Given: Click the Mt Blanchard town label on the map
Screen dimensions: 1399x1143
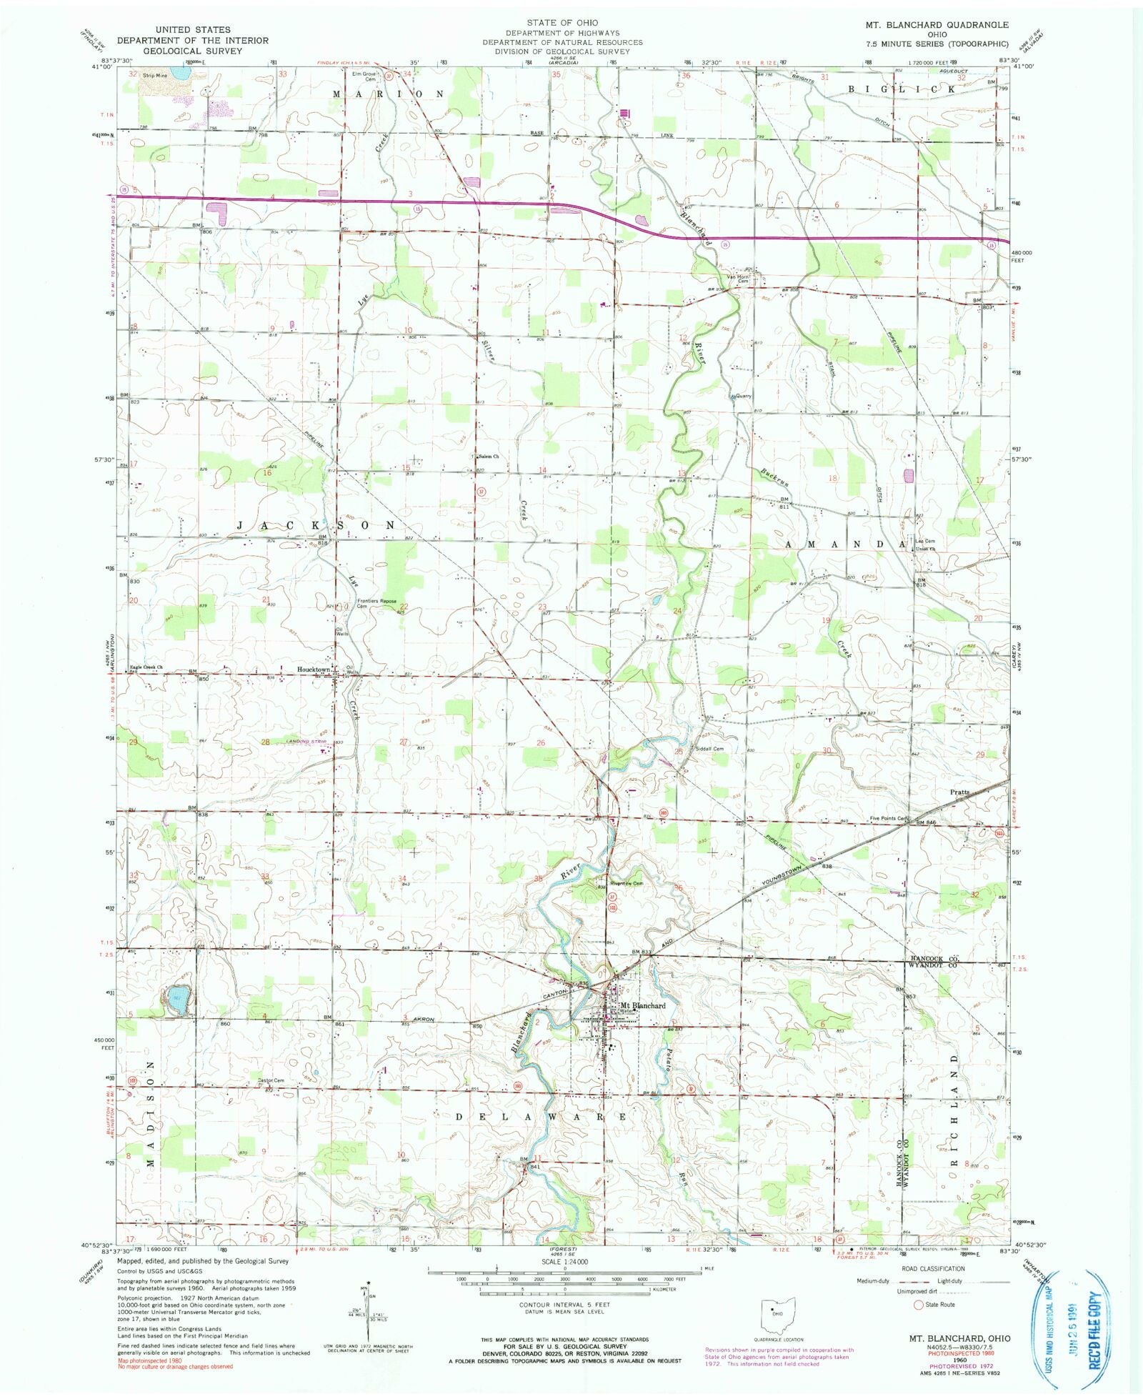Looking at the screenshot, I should click(x=643, y=1005).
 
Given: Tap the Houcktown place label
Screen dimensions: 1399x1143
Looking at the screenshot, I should click(x=314, y=669).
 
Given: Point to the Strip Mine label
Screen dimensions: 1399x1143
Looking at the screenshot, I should click(x=154, y=75).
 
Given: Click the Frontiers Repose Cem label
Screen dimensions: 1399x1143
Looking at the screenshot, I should click(x=376, y=603).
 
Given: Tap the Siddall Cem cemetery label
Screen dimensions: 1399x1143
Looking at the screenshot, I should click(x=709, y=749).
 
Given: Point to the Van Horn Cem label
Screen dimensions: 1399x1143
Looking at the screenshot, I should click(x=738, y=279).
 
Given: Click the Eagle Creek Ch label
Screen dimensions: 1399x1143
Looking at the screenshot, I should click(x=146, y=667).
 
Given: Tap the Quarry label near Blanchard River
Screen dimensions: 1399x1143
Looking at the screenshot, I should click(x=740, y=395).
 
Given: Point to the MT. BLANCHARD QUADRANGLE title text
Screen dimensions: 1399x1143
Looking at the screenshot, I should click(x=937, y=24).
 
